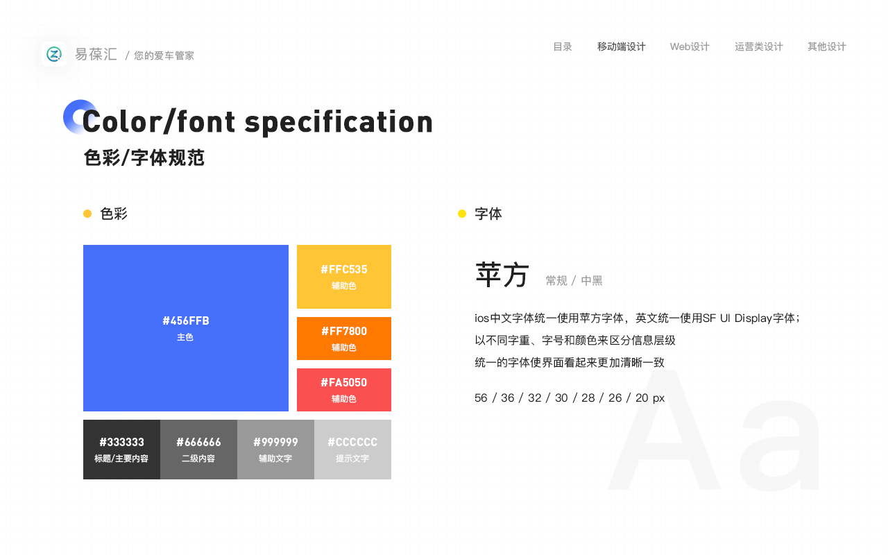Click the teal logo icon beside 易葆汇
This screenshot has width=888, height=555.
54,54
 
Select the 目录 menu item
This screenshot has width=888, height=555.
563,46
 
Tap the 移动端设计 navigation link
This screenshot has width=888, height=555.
621,46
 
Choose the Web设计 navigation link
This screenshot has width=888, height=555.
690,46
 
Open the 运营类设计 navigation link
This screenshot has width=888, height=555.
758,46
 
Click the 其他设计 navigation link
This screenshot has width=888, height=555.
826,46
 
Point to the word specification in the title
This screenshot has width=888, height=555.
339,123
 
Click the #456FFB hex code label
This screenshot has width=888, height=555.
186,321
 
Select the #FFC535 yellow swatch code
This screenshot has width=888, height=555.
344,270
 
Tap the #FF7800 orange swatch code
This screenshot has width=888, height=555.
344,331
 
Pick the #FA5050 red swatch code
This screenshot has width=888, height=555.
344,382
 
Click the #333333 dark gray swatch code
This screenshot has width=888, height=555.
121,442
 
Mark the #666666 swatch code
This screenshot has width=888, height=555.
198,442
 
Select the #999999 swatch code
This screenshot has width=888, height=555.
275,442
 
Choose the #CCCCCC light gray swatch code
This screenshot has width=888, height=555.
352,442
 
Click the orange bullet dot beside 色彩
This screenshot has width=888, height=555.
87,214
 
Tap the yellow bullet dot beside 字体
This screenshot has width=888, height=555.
462,214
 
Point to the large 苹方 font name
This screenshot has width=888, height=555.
502,274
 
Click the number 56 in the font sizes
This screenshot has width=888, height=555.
481,398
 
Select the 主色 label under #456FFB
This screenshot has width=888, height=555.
185,337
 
